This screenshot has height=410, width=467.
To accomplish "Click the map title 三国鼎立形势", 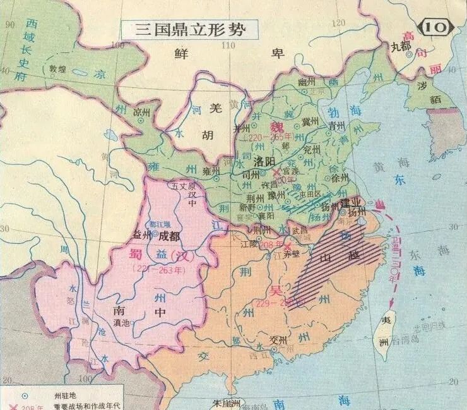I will pyautogui.click(x=183, y=29).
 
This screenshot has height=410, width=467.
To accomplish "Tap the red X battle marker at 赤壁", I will pyautogui.click(x=288, y=245).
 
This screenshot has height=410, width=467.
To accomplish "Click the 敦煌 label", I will pyautogui.click(x=58, y=69).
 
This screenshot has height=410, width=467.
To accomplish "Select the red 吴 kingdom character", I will pyautogui.click(x=276, y=291).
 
